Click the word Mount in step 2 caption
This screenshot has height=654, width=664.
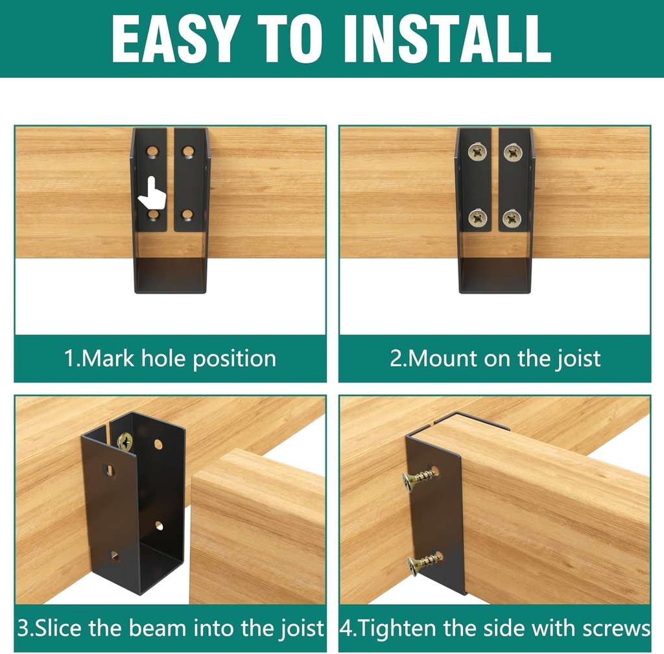441,358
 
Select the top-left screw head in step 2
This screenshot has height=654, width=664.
477,152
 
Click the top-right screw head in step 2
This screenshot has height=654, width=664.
513,152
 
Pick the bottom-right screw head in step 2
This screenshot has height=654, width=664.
512,218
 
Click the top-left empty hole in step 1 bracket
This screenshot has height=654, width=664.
152,152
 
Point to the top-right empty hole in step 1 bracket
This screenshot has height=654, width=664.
188,152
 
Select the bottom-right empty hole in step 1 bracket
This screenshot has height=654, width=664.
187,215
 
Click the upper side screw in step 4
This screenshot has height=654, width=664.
419,478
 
